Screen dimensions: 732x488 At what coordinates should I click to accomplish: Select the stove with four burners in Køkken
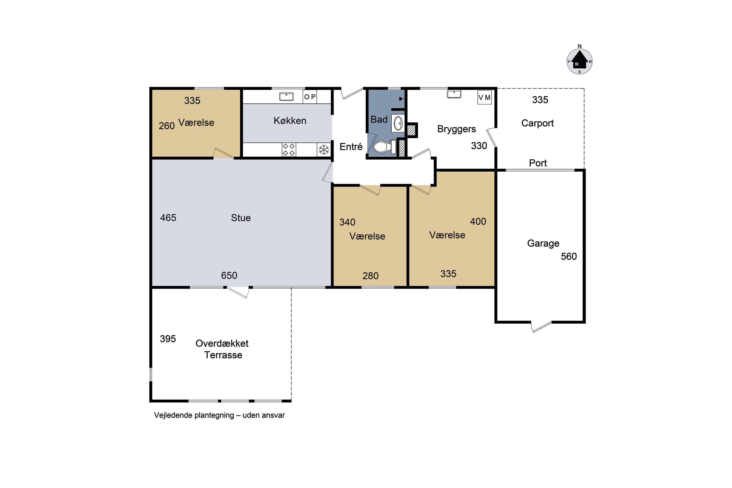pyautogui.click(x=289, y=149)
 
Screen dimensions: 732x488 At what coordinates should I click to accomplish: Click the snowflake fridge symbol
pyautogui.click(x=324, y=150)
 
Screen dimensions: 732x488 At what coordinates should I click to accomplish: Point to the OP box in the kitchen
pyautogui.click(x=310, y=97)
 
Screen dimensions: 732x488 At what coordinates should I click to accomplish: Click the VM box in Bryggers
pyautogui.click(x=485, y=97)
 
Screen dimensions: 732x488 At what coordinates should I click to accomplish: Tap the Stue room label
pyautogui.click(x=241, y=218)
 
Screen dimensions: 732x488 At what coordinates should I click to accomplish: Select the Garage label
pyautogui.click(x=543, y=243)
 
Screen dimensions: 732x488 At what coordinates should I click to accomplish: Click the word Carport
pyautogui.click(x=538, y=123)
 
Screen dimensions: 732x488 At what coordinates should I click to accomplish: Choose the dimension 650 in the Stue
pyautogui.click(x=229, y=275)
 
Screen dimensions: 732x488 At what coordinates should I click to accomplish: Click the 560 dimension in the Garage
pyautogui.click(x=569, y=256)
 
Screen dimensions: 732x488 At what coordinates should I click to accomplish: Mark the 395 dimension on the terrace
pyautogui.click(x=168, y=339)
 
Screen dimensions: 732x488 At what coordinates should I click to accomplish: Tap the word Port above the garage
pyautogui.click(x=538, y=163)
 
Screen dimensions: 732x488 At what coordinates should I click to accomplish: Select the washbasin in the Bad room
pyautogui.click(x=398, y=123)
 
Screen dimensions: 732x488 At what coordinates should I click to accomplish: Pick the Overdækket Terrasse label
pyautogui.click(x=222, y=349)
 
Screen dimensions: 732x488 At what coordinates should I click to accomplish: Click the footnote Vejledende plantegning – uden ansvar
pyautogui.click(x=219, y=415)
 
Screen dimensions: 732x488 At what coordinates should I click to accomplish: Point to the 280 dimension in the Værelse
pyautogui.click(x=370, y=276)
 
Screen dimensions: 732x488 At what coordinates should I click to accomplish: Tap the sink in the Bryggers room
pyautogui.click(x=454, y=94)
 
